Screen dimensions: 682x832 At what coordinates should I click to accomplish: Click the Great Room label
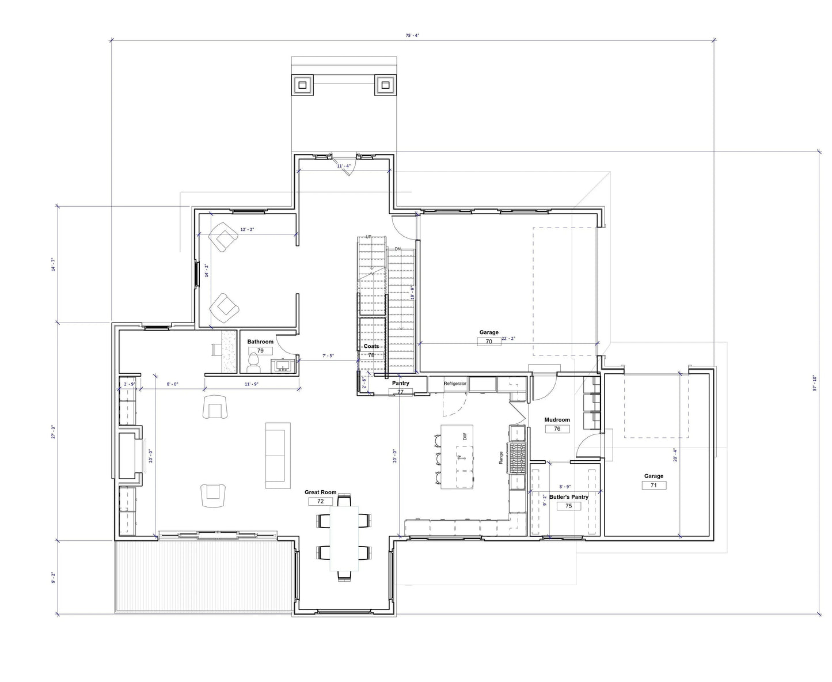coord(320,492)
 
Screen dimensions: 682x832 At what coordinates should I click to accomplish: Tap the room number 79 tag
coord(260,351)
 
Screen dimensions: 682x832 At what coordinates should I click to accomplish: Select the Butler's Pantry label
coord(568,497)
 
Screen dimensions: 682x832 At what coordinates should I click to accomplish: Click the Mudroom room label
coord(557,420)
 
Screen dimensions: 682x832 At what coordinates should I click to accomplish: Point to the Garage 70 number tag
coord(489,342)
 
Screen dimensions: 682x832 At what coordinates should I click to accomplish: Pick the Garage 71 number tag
coord(654,486)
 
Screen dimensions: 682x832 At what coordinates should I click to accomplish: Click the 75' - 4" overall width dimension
coord(412,35)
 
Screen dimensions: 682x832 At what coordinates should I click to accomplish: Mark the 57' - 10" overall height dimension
coord(815,383)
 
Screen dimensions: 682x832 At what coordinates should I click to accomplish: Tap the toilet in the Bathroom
coord(253,363)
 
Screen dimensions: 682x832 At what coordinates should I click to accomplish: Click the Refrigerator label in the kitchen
coord(455,383)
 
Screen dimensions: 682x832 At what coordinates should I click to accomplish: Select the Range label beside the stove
coord(502,458)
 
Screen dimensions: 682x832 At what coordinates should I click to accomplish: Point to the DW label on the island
coord(464,437)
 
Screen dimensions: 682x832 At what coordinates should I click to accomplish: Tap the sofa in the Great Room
coord(278,455)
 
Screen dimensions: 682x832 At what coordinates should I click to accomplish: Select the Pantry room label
coord(400,383)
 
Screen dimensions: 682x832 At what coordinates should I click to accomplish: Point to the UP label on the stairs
coord(368,237)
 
